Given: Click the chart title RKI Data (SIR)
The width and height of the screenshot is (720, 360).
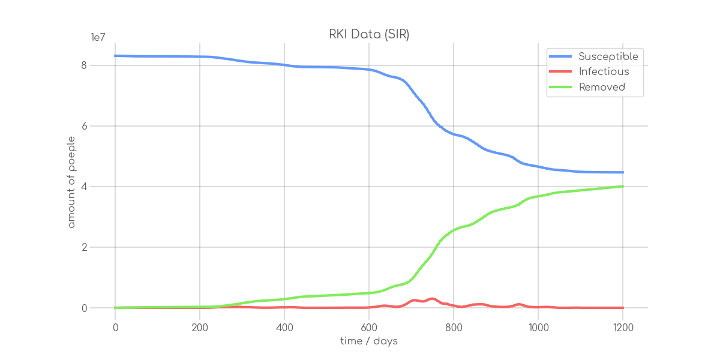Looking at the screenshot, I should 369,35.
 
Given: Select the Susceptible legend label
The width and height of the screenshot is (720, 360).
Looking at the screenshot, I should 608,56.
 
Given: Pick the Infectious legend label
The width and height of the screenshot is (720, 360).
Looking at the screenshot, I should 604,72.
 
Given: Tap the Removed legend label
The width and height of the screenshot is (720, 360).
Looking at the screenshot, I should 602,87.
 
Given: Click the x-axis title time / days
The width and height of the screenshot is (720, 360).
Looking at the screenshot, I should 369,341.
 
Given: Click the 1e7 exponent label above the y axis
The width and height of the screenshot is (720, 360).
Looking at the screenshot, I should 98,37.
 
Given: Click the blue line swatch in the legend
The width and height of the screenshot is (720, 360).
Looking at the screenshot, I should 560,56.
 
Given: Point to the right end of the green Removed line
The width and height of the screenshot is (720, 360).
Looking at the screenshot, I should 623,186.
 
